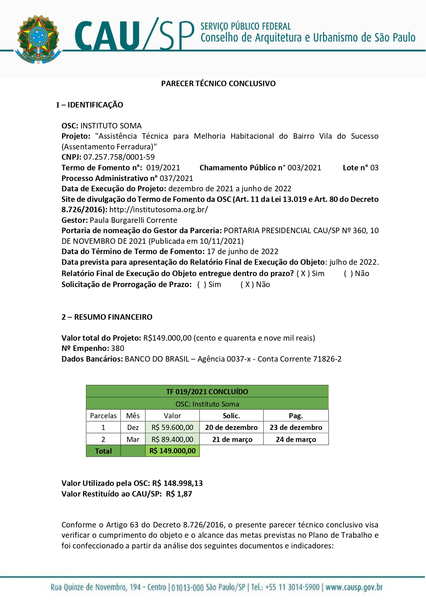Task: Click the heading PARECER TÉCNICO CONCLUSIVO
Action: pyautogui.click(x=218, y=83)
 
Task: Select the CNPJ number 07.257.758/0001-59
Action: pyautogui.click(x=119, y=157)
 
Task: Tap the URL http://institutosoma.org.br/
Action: pyautogui.click(x=158, y=209)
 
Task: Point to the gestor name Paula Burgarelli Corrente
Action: pyautogui.click(x=133, y=220)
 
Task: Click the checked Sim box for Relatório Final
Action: pyautogui.click(x=303, y=274)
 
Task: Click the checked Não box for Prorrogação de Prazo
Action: pyautogui.click(x=247, y=285)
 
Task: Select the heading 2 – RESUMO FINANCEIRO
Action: pyautogui.click(x=107, y=317)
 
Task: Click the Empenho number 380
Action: pyautogui.click(x=117, y=348)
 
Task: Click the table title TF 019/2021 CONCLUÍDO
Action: pyautogui.click(x=207, y=391)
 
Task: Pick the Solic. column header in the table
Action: pyautogui.click(x=231, y=416)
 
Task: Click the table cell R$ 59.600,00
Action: pyautogui.click(x=172, y=428)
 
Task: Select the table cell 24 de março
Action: pyautogui.click(x=296, y=440)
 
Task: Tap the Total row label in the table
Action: pyautogui.click(x=103, y=451)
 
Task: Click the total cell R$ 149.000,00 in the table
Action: pyautogui.click(x=172, y=451)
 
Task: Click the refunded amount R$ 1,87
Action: pyautogui.click(x=179, y=494)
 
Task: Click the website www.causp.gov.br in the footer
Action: pyautogui.click(x=354, y=587)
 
